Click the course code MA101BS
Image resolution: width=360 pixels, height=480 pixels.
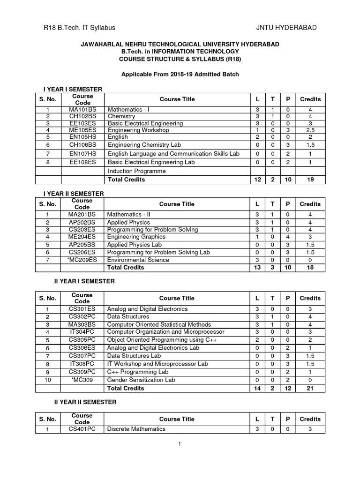82,109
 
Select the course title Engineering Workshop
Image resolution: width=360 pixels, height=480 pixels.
136,130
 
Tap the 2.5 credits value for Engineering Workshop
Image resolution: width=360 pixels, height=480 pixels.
310,130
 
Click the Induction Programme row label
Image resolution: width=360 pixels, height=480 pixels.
137,171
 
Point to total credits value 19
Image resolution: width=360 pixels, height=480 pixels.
310,180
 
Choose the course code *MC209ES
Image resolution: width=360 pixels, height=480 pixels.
82,260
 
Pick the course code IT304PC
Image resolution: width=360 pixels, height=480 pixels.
82,332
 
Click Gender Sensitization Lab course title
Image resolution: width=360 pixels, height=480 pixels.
141,380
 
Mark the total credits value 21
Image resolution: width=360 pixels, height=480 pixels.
310,388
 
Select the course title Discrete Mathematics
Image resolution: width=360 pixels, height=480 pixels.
136,429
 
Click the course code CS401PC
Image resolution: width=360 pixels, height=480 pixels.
82,429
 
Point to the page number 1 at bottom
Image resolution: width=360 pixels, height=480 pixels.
180,444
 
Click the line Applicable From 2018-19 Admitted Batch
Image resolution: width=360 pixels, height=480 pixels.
180,74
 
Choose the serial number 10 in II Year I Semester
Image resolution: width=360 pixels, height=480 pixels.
47,380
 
